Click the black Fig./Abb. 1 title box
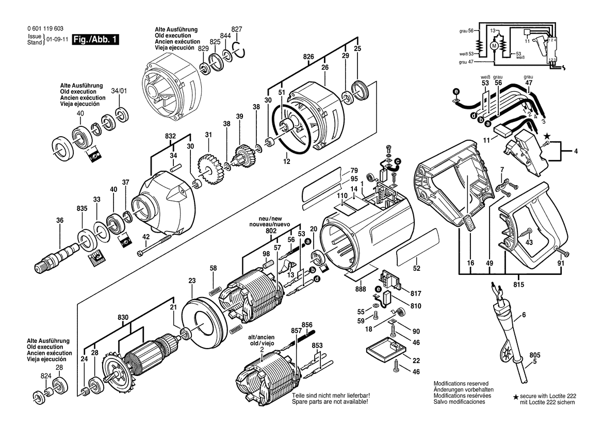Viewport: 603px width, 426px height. pos(95,39)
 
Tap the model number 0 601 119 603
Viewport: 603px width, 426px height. pos(45,29)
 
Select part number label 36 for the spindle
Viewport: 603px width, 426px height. pos(60,221)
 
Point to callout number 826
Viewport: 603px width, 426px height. pos(308,57)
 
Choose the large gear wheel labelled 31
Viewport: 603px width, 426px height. pos(209,169)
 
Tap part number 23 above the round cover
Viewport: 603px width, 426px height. pos(192,281)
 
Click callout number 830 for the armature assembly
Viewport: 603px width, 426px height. pos(123,318)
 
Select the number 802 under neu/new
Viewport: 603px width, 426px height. pos(271,231)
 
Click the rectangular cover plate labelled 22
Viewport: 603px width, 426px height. pos(386,349)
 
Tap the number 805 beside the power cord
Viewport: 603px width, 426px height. pos(534,355)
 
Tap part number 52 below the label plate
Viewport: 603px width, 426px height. pos(416,268)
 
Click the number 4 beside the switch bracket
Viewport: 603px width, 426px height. pos(576,152)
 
